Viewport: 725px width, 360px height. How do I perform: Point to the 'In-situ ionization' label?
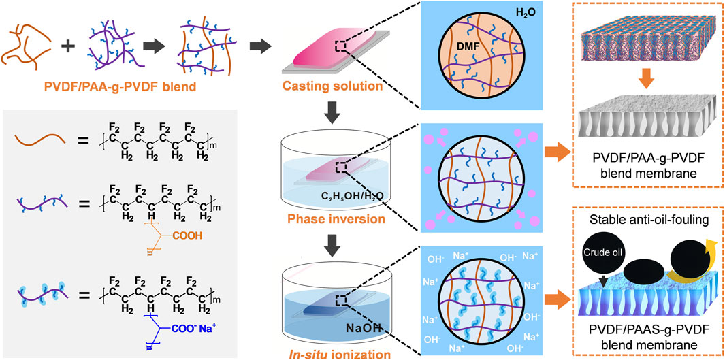click(317, 350)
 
